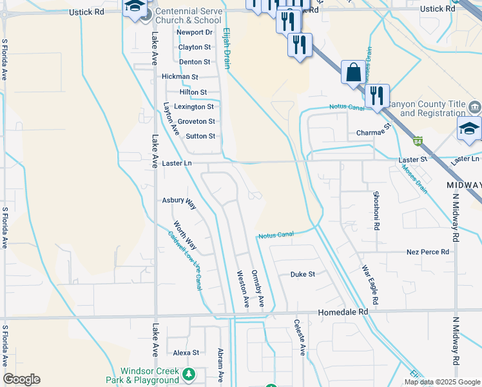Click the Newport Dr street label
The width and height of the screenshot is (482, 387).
click(x=195, y=32)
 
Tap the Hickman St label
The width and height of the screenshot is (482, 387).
click(x=180, y=77)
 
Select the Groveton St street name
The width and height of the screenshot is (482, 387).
click(x=196, y=121)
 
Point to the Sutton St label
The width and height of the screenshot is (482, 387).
click(x=200, y=136)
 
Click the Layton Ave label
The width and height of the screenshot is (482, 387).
click(x=171, y=118)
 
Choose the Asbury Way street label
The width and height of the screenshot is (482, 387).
click(x=178, y=203)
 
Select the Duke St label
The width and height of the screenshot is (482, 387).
click(x=302, y=274)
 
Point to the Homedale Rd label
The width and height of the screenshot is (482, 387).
click(x=343, y=312)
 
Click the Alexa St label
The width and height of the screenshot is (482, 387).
click(x=186, y=353)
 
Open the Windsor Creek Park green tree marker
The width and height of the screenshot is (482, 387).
click(x=188, y=374)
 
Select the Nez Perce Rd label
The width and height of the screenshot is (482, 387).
click(x=427, y=252)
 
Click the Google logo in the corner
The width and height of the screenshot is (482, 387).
click(x=22, y=379)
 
